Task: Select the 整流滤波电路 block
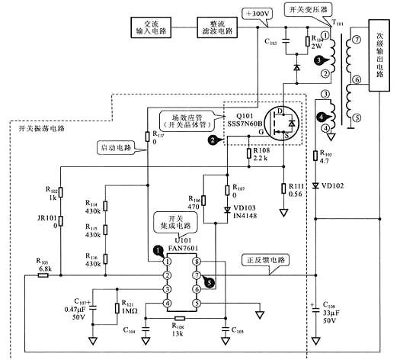pyautogui.click(x=217, y=27)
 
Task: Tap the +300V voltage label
pyautogui.click(x=255, y=14)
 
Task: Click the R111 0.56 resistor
pyautogui.click(x=283, y=190)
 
